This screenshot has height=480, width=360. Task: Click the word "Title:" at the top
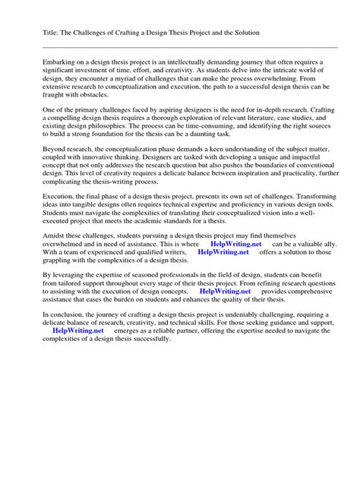[30, 33]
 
